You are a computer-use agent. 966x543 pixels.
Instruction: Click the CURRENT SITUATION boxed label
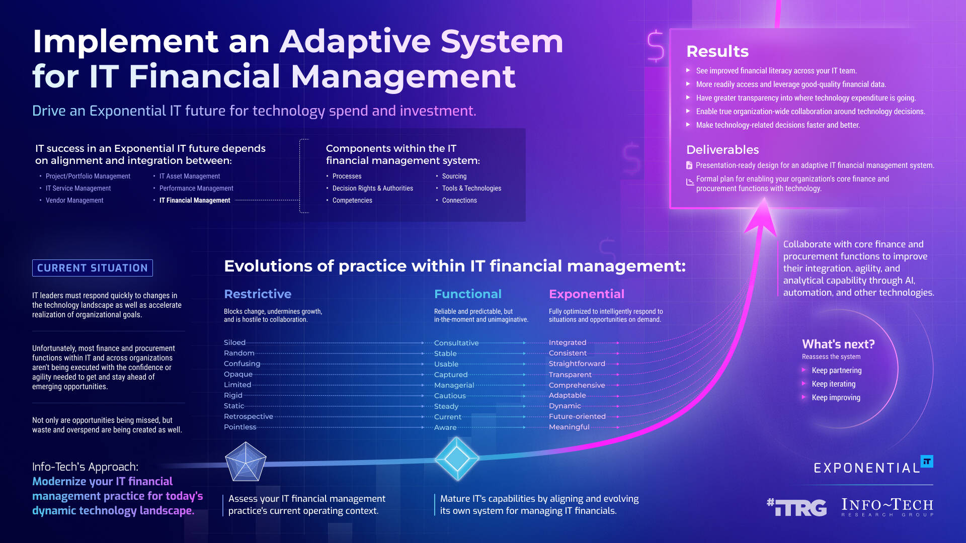[x=93, y=268]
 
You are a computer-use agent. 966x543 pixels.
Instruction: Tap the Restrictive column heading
[x=258, y=294]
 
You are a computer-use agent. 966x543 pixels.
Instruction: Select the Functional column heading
[x=467, y=294]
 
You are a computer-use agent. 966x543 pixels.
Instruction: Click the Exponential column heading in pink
[x=586, y=294]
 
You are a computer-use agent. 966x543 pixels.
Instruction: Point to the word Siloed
[x=234, y=342]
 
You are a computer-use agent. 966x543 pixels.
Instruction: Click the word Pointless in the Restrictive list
[x=240, y=427]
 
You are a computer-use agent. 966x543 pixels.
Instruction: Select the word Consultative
[x=456, y=343]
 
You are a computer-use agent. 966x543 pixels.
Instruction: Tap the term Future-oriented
[x=577, y=416]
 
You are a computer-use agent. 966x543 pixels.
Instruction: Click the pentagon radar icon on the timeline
[x=246, y=462]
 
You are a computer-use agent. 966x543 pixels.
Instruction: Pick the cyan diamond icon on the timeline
[x=457, y=459]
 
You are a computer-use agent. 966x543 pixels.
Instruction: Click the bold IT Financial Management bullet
[x=195, y=200]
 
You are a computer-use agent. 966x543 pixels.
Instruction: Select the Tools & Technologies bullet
[x=471, y=188]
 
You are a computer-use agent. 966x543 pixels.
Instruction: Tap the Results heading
[x=717, y=51]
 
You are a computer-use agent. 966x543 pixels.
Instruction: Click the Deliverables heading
[x=722, y=150]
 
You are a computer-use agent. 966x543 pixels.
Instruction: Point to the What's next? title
[x=838, y=344]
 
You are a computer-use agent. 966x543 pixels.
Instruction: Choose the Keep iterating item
[x=833, y=384]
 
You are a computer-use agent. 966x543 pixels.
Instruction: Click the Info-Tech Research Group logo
[x=887, y=507]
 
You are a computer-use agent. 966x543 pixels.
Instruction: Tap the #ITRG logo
[x=796, y=507]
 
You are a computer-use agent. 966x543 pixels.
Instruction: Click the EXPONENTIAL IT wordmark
[x=873, y=467]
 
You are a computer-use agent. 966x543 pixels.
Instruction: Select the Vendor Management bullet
[x=74, y=200]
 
